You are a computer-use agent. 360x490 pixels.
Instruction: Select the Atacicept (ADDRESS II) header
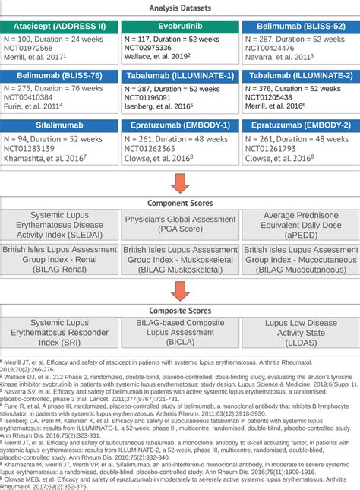[x=60, y=25]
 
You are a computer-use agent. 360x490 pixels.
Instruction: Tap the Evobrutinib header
[x=180, y=25]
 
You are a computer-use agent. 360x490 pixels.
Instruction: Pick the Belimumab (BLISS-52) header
[x=300, y=25]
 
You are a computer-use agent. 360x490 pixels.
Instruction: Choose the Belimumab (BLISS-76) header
[x=60, y=76]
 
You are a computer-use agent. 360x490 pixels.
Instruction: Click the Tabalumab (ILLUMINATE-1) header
[x=180, y=76]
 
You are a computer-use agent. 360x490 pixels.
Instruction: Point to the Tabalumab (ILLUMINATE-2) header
[x=300, y=76]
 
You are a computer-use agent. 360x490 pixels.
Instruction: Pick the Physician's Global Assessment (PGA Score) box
[x=180, y=225]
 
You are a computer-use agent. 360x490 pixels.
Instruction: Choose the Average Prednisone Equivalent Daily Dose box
[x=300, y=225]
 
